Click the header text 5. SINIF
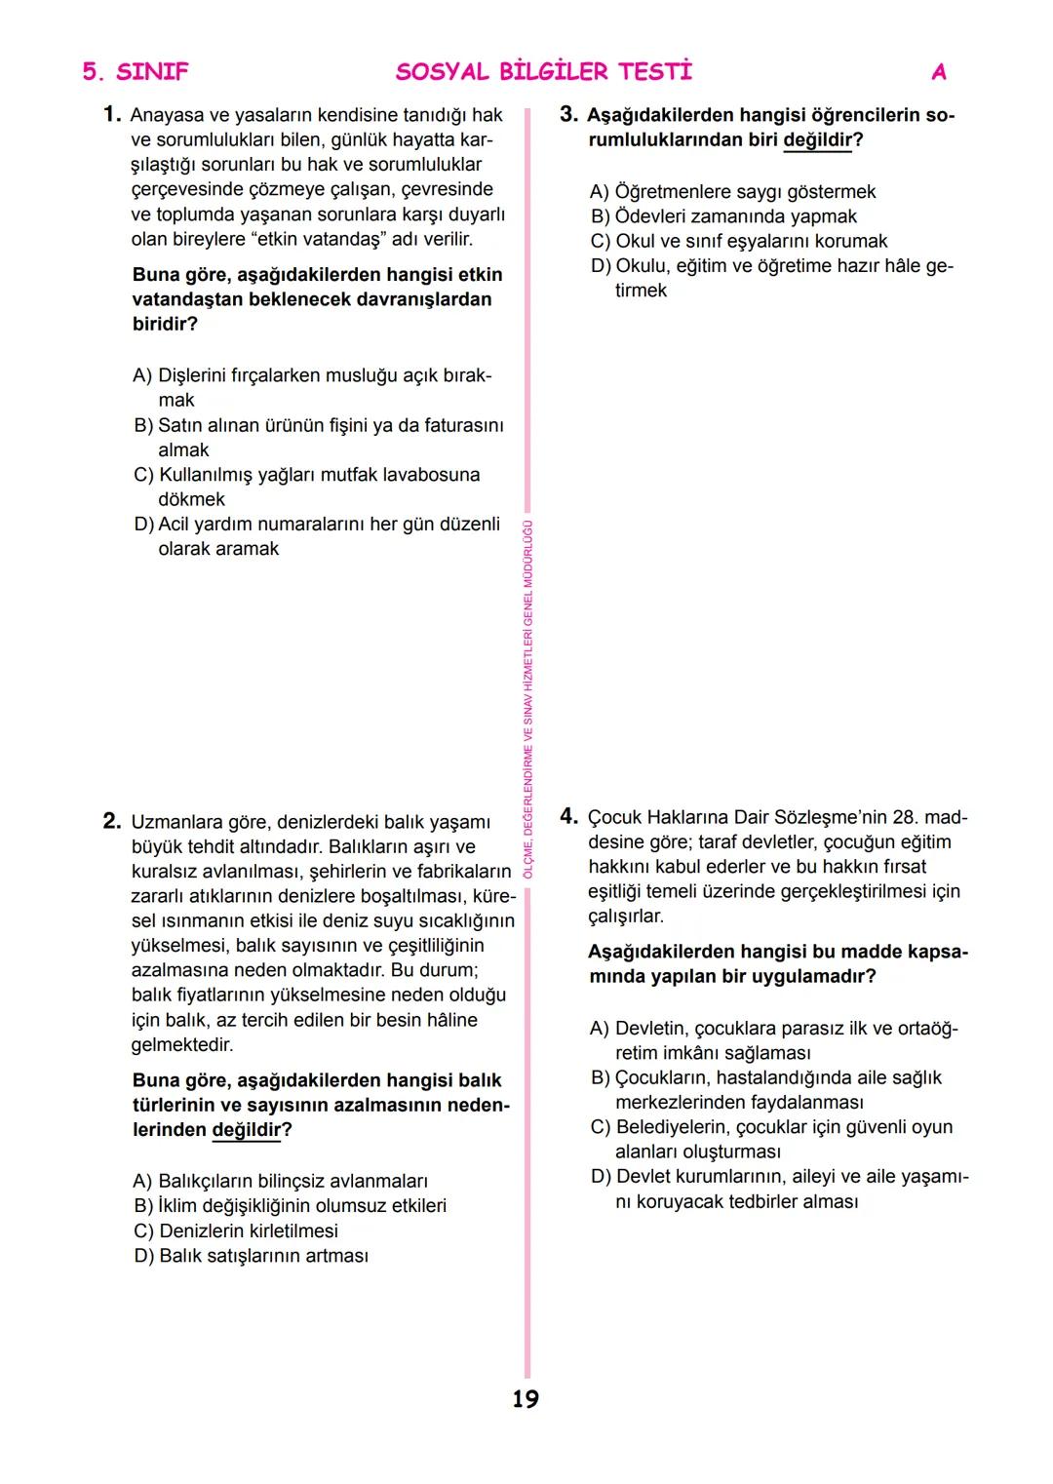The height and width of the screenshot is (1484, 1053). coord(136,72)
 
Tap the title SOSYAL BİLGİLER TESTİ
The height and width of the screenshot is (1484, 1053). coord(544,72)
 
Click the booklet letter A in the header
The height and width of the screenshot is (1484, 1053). coord(939,72)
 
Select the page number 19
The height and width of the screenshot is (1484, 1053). coord(526,1399)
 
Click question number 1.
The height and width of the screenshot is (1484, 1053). coord(112,115)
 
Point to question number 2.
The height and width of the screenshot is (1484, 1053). coord(112,821)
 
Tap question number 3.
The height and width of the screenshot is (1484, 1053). coord(569,115)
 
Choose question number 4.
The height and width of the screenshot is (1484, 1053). coord(569,816)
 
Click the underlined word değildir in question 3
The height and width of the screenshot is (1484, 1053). coord(817,140)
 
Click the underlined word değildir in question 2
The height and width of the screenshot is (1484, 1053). coord(246,1130)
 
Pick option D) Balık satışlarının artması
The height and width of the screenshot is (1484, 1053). coord(252,1256)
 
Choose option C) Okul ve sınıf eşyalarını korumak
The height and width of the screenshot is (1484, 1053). coord(739,241)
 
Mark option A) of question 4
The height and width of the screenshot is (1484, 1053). coord(774,1040)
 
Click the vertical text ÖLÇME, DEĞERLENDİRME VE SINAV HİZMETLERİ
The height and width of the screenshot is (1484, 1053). coord(527,698)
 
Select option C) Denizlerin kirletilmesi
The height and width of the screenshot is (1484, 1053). coord(236,1230)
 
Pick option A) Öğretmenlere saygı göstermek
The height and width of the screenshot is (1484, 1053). coord(733,192)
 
